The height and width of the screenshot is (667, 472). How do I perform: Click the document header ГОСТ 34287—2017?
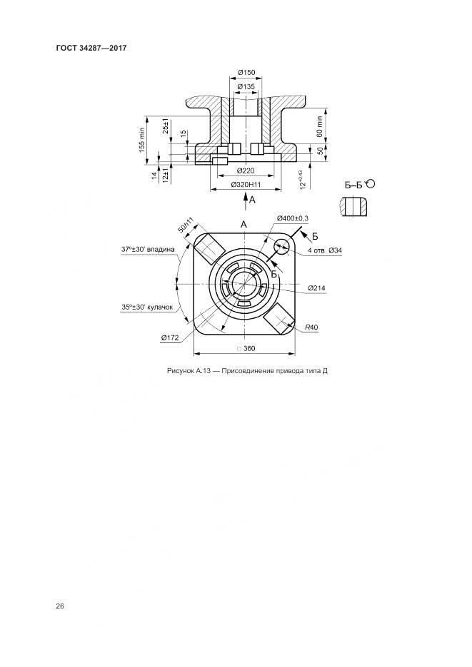91,48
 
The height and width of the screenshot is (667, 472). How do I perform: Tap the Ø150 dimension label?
246,72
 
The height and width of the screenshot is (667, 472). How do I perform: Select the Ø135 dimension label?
246,87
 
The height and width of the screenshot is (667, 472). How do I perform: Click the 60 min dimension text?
319,126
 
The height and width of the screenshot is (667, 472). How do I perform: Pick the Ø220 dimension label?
246,170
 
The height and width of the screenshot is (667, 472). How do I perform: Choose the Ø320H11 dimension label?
246,185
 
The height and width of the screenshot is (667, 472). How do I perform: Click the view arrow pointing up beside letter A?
246,200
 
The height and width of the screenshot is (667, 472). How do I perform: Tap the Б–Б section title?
354,185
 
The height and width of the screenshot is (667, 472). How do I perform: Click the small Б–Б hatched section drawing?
353,207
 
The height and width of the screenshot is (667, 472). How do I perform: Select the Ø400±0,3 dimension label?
292,218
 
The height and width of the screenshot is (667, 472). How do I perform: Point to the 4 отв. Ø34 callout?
325,250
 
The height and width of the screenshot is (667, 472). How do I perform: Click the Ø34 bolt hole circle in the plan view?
281,247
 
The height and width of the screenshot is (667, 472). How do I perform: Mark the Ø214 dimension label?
316,288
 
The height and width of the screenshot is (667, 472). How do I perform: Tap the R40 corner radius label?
311,327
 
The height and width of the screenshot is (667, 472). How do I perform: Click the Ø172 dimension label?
170,337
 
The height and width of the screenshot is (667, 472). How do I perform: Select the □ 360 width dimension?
246,348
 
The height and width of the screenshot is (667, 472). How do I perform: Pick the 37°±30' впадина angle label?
148,249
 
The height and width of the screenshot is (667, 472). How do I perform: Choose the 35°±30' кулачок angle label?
147,307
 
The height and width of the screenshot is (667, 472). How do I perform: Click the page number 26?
59,606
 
